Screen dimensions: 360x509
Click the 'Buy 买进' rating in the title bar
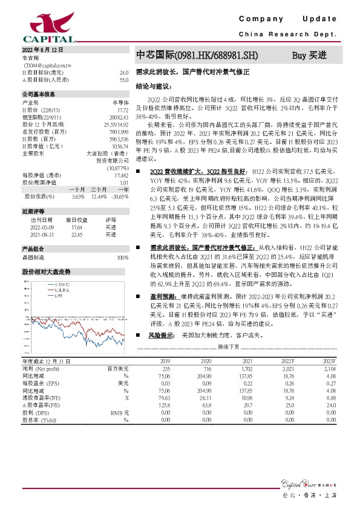pos(309,56)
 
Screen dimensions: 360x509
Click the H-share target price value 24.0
pos(123,73)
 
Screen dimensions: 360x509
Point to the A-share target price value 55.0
pos(123,79)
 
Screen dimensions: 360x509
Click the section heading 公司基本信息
pos(39,95)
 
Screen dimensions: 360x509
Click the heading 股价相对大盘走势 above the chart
pos(46,272)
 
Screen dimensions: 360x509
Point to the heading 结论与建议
pos(154,86)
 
